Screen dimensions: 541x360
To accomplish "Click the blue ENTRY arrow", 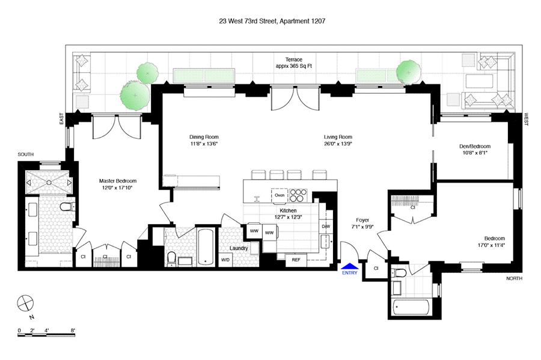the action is [349, 266].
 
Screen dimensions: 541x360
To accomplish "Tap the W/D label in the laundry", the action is [225, 260].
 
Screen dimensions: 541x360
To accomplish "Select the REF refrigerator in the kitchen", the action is [296, 260].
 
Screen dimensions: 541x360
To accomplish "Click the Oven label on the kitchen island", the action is [280, 195].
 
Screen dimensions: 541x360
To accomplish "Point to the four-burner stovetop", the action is [298, 195].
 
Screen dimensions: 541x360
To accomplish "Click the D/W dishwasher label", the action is [326, 227].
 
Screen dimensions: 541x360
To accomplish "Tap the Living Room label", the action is [338, 137].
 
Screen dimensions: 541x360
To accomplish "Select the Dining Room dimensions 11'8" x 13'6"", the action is [204, 144].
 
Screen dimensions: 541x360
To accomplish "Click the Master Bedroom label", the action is [118, 181].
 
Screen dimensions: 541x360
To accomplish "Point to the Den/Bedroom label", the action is [475, 146].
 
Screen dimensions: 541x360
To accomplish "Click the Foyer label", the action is [362, 220].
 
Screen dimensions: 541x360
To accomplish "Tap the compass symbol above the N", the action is [25, 304].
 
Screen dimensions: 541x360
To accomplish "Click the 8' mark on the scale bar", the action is [73, 330].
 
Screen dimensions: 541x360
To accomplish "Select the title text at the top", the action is [272, 21].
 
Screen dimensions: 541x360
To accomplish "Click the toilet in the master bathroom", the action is [66, 207].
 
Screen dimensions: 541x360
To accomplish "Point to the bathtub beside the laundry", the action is [206, 247].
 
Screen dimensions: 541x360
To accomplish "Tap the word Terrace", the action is [293, 59].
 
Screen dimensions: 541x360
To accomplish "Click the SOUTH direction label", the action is [26, 154].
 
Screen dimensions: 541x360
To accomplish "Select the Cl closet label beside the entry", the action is [376, 268].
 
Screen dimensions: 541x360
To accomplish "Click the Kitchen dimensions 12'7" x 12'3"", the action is [288, 217].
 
